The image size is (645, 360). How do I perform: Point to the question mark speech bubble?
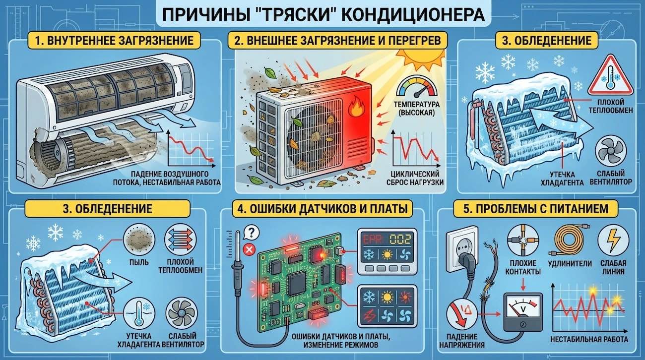coord(252,232)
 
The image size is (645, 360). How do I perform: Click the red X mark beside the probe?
coord(250,248)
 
